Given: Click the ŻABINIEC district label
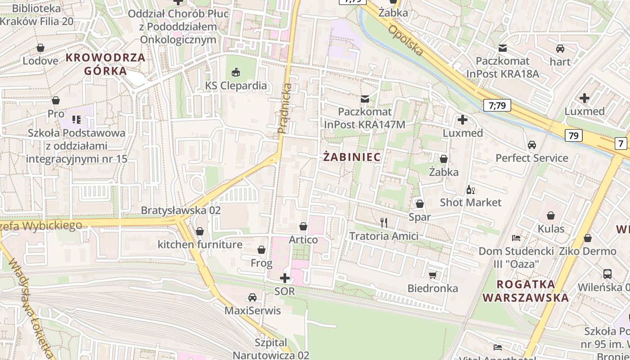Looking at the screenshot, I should click(352, 157).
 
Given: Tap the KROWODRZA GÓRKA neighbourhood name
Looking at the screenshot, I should click(106, 64).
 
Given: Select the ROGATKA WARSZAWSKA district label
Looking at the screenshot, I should click(526, 291).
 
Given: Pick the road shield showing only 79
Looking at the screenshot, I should click(573, 135).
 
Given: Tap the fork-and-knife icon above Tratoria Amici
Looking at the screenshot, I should click(384, 222).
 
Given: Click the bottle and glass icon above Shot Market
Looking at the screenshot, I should click(471, 189).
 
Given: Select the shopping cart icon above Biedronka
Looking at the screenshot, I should click(433, 275).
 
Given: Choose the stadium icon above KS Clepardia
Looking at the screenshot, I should click(236, 72).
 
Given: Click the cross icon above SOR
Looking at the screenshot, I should click(285, 278).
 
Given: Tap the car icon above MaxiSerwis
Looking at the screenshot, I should click(252, 297).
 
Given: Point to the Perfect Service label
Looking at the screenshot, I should click(531, 158).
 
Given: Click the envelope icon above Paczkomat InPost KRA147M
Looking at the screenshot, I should click(364, 98).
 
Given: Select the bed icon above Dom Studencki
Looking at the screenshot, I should click(516, 238).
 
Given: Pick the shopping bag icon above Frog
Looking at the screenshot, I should click(261, 250).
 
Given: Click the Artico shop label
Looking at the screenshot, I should click(303, 239).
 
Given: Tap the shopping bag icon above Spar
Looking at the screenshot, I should click(420, 204).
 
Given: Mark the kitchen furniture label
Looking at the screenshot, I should click(200, 245).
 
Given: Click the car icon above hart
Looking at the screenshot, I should click(560, 49).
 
